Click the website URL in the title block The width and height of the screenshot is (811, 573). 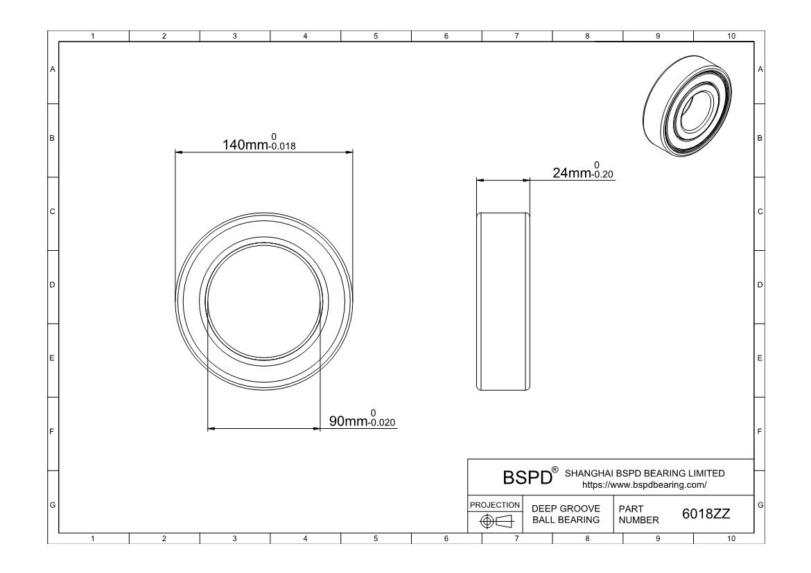645,485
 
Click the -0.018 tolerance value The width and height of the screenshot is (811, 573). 282,148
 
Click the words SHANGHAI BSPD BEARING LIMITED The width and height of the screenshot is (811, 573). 645,473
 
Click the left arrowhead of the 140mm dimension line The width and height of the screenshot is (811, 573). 178,152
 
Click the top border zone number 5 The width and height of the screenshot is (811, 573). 376,36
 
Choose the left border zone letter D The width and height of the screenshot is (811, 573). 52,285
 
